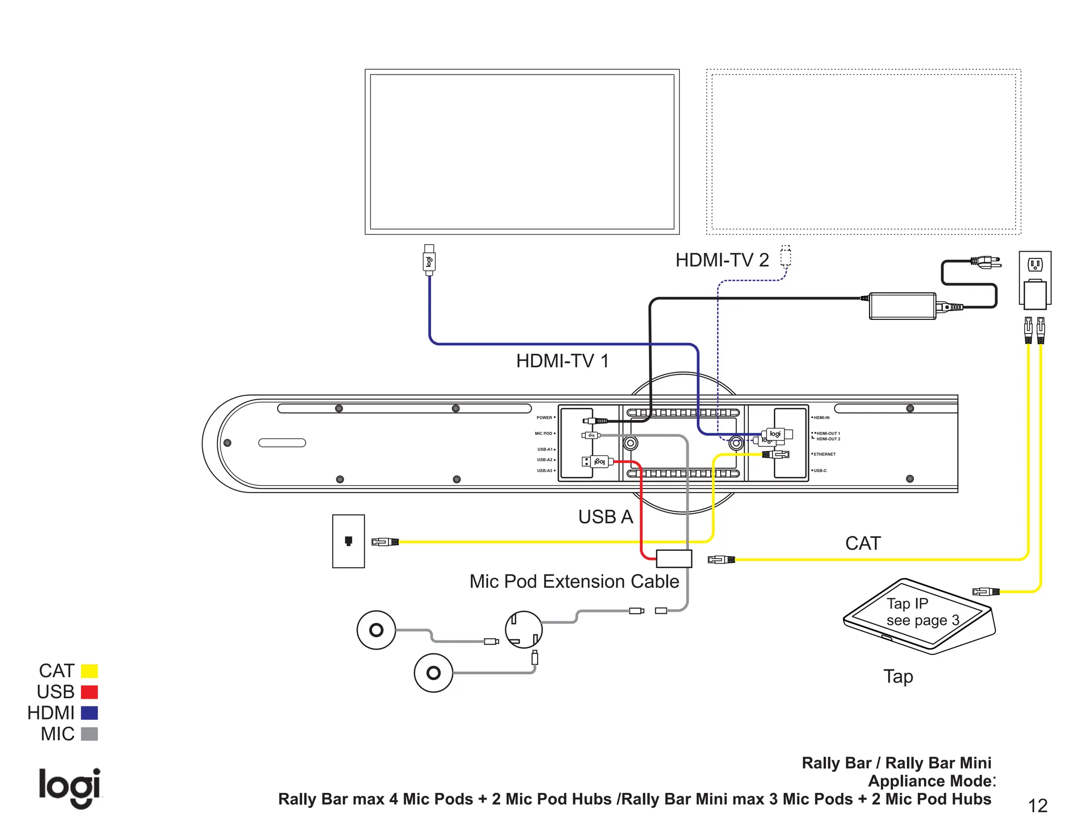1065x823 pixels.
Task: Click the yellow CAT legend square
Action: [89, 671]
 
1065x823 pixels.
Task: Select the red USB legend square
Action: [89, 692]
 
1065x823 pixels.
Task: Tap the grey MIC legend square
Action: [89, 734]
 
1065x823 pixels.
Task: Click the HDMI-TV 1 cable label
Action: [562, 361]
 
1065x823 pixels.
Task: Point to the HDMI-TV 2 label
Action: [722, 260]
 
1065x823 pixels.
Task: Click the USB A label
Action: [605, 517]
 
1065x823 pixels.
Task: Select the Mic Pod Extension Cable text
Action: [574, 581]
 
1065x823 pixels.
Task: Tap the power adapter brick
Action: [902, 306]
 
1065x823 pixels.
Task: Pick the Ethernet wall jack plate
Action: [348, 541]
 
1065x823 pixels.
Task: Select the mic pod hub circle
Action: [524, 629]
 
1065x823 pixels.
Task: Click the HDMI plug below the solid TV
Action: [429, 260]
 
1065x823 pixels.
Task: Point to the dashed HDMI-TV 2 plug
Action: [786, 256]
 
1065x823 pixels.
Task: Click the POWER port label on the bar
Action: [544, 418]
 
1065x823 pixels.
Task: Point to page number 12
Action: [1037, 806]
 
